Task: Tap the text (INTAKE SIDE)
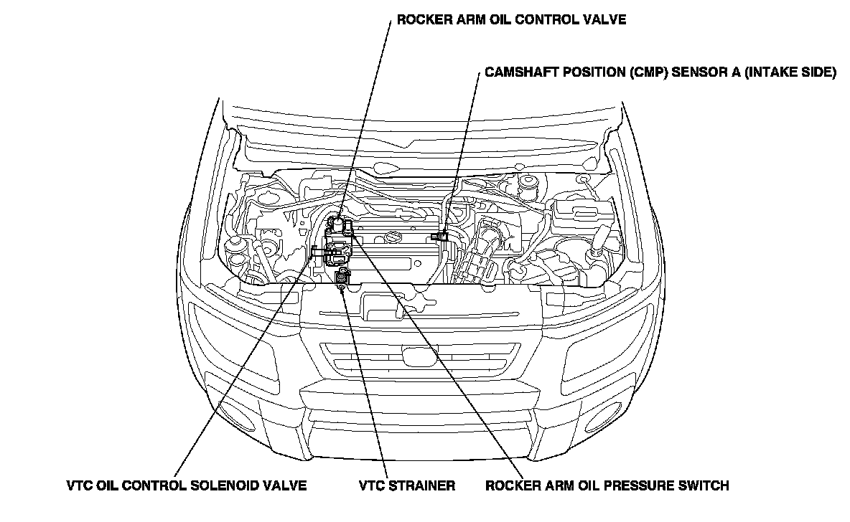[790, 72]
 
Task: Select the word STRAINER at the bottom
[424, 485]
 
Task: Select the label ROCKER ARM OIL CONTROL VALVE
[511, 20]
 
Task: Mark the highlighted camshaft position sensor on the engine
[440, 236]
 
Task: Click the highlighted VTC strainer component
[342, 277]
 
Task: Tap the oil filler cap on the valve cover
[393, 238]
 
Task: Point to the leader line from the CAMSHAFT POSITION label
[462, 154]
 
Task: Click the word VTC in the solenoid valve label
[79, 485]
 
